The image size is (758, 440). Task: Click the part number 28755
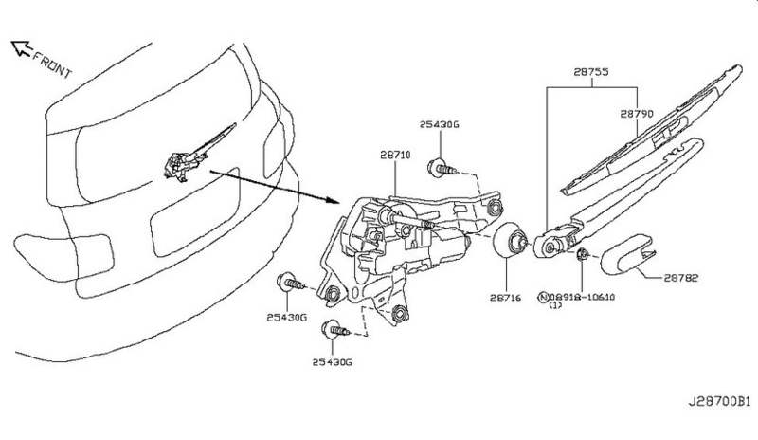[590, 72]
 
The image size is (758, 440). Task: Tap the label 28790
[636, 114]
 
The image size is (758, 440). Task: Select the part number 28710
[395, 155]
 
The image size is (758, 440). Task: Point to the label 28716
[506, 298]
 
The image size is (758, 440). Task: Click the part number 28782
[680, 278]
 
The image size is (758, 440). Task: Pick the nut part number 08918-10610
[582, 297]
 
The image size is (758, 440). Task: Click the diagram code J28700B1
[719, 402]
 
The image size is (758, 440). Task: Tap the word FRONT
[52, 64]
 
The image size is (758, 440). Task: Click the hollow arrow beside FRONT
[21, 48]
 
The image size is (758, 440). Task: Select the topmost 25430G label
[439, 124]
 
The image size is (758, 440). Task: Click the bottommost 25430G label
[333, 362]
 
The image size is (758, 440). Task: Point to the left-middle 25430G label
[287, 318]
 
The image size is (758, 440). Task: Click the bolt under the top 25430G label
[442, 169]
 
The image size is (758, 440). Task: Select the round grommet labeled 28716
[511, 241]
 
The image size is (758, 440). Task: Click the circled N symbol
[543, 297]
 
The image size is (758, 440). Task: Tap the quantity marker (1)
[555, 305]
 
